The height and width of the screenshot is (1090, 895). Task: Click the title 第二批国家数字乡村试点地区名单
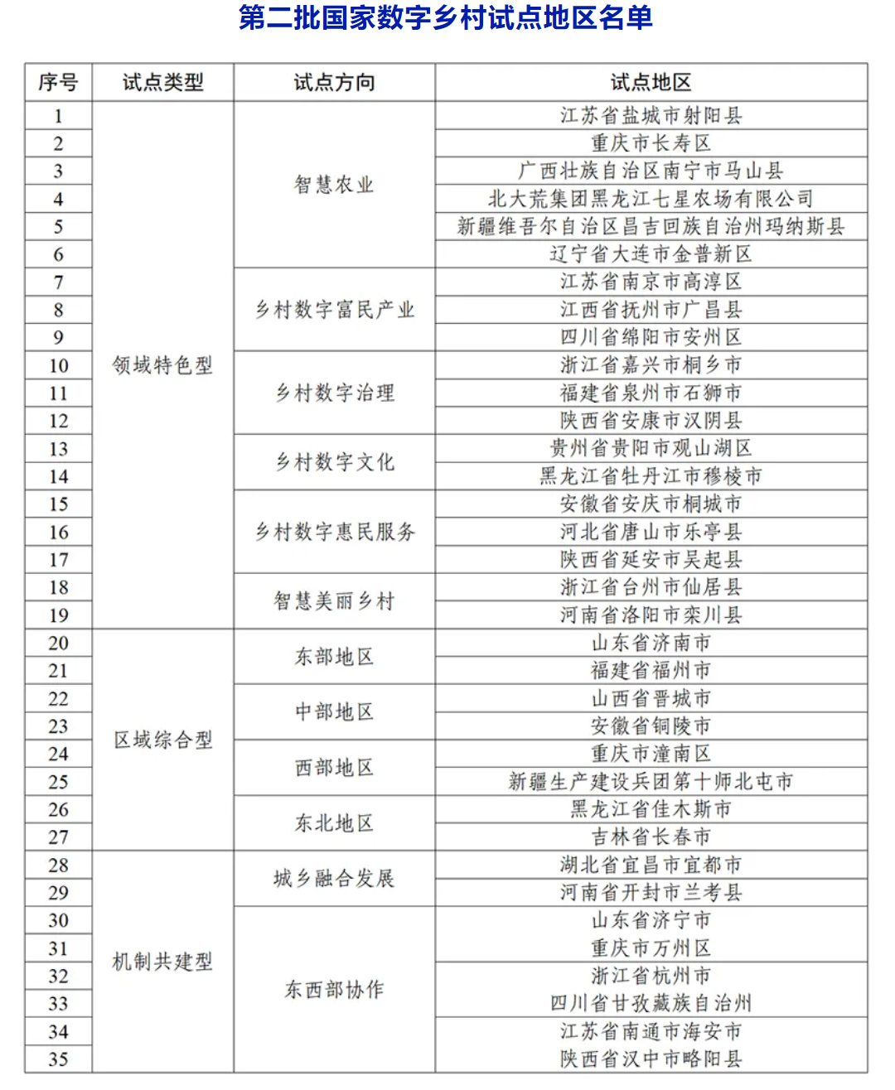click(446, 18)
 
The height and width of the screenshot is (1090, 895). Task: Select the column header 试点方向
click(334, 83)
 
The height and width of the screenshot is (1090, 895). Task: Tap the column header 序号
click(58, 83)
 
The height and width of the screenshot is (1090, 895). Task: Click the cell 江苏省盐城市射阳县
click(651, 116)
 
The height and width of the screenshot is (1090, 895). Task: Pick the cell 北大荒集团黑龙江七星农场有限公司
click(651, 199)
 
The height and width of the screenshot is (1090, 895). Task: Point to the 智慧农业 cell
click(334, 185)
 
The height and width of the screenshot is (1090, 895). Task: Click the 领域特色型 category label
click(162, 365)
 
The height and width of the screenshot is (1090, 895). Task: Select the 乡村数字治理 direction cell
click(334, 393)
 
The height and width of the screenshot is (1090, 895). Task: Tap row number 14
click(58, 477)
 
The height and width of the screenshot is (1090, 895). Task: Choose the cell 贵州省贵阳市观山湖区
click(651, 449)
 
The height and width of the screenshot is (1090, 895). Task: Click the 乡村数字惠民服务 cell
click(334, 532)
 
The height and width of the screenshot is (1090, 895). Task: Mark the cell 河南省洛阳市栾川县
click(651, 615)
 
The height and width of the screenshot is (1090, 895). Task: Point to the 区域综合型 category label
click(162, 740)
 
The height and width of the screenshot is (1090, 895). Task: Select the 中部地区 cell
click(334, 712)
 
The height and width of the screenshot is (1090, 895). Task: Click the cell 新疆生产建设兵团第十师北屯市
click(651, 782)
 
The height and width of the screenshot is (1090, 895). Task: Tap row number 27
click(58, 837)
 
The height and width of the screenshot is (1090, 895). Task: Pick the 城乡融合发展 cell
click(334, 879)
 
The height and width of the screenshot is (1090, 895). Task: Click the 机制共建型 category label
click(162, 962)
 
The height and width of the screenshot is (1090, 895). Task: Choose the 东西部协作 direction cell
click(334, 990)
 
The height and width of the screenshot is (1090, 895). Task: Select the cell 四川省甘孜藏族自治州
click(651, 1004)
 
